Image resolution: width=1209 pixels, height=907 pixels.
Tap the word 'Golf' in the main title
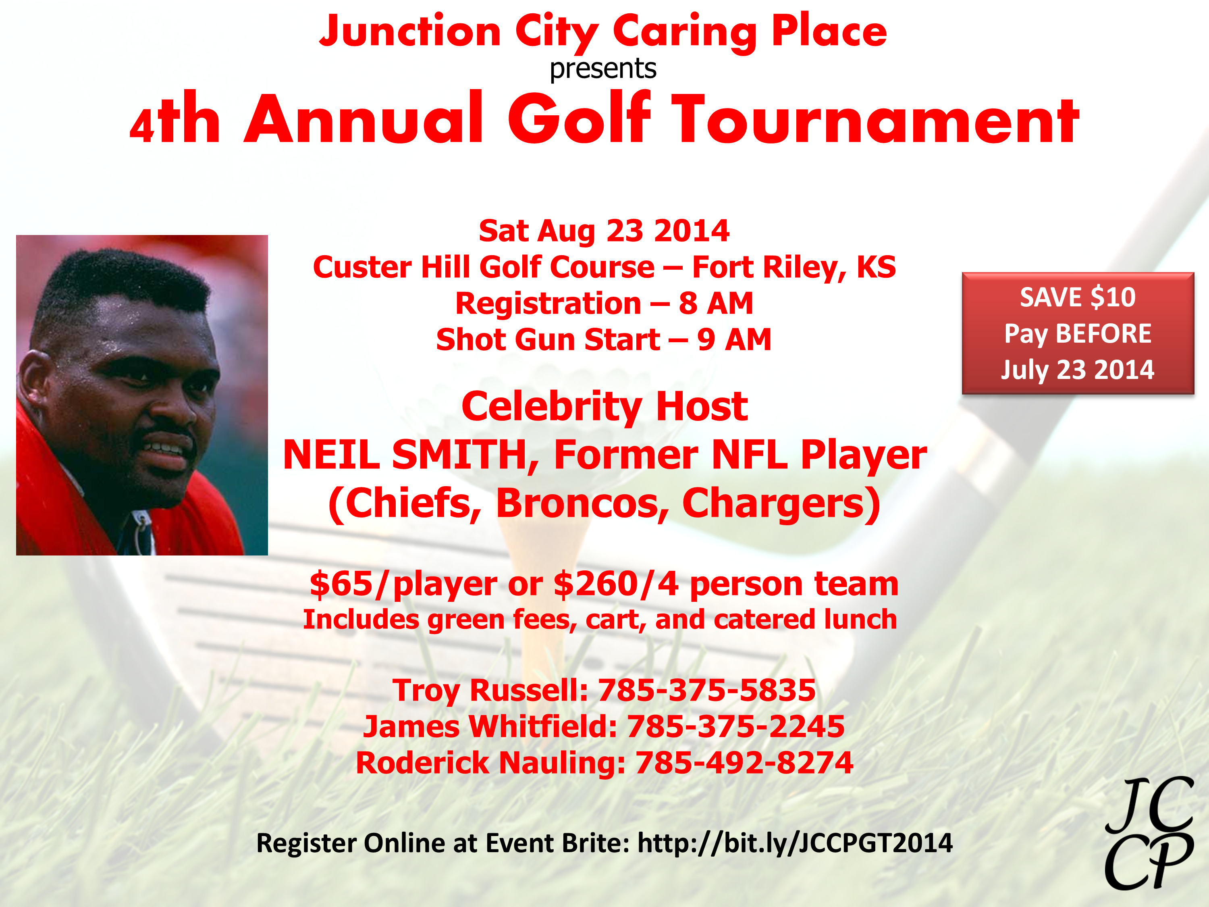(580, 118)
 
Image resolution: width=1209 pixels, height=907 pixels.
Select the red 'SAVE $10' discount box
(1078, 333)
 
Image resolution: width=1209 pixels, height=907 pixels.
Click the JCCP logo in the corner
(1149, 833)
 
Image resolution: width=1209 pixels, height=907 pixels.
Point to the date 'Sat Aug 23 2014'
(604, 231)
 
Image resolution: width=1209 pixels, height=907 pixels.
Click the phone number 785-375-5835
(707, 690)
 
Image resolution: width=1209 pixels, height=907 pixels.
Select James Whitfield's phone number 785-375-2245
(735, 726)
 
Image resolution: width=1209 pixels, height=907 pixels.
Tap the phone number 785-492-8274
(744, 763)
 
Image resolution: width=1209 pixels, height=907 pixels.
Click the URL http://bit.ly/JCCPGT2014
(795, 843)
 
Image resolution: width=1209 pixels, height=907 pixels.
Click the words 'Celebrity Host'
(604, 407)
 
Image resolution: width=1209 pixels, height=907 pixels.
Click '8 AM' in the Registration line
(716, 304)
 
